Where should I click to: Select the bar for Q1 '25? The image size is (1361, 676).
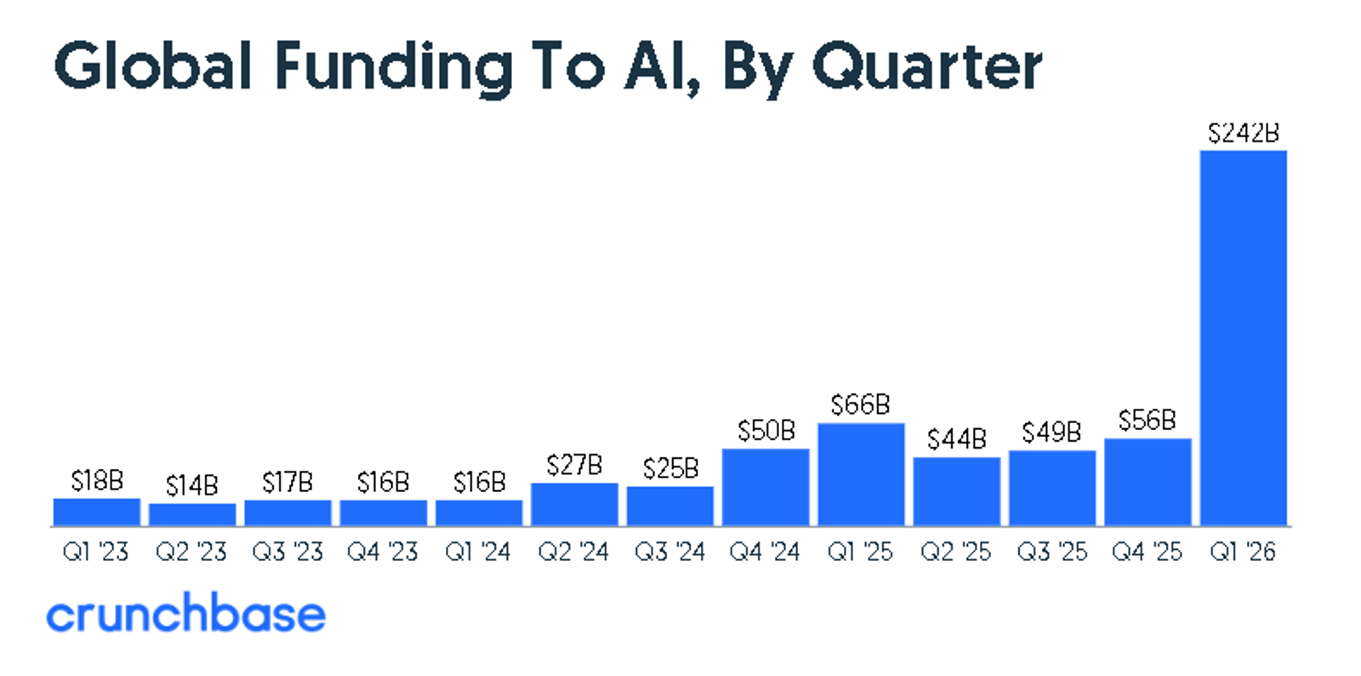pyautogui.click(x=861, y=474)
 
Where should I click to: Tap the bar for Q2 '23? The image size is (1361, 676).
pyautogui.click(x=192, y=514)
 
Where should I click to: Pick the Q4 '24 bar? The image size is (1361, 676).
pyautogui.click(x=766, y=487)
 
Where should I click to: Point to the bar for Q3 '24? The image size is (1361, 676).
pyautogui.click(x=670, y=506)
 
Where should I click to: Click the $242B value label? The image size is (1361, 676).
pyautogui.click(x=1243, y=133)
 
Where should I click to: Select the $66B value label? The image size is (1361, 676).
pyautogui.click(x=860, y=404)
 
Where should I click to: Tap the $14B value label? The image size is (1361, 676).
pyautogui.click(x=191, y=485)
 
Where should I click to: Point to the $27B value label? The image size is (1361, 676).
pyautogui.click(x=574, y=465)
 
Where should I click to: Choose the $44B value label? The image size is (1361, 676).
pyautogui.click(x=956, y=439)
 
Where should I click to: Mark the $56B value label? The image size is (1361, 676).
pyautogui.click(x=1147, y=420)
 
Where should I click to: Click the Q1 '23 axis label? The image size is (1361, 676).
pyautogui.click(x=95, y=553)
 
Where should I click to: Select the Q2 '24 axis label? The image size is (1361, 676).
pyautogui.click(x=573, y=553)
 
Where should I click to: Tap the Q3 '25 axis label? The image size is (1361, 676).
pyautogui.click(x=1051, y=553)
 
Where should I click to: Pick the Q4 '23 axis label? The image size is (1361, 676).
pyautogui.click(x=383, y=553)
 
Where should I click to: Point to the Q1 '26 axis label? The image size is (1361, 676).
pyautogui.click(x=1243, y=553)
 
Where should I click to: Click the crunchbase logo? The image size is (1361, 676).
pyautogui.click(x=185, y=614)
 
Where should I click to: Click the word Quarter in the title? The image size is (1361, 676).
pyautogui.click(x=926, y=66)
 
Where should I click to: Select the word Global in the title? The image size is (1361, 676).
pyautogui.click(x=153, y=66)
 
